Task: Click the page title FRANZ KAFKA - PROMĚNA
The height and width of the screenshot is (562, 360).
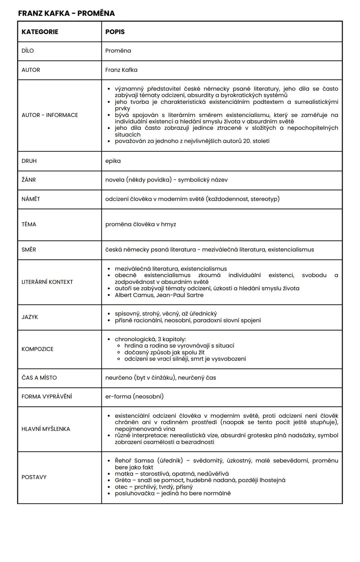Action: click(66, 13)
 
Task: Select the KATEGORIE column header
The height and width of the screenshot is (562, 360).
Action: click(40, 32)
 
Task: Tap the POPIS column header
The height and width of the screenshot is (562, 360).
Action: click(115, 32)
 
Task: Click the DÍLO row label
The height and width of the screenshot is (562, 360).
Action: click(28, 51)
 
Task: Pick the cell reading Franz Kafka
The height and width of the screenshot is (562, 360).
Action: click(121, 70)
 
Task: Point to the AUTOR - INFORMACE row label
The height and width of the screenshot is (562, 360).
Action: click(50, 115)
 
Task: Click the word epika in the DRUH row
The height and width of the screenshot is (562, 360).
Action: click(113, 161)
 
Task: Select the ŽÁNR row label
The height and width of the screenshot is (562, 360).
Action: click(29, 180)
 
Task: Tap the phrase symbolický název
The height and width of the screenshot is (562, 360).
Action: click(203, 180)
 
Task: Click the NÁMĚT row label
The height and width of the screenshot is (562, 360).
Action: click(31, 199)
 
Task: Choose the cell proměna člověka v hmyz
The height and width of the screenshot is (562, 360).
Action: click(141, 225)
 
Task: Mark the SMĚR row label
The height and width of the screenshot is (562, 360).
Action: click(29, 250)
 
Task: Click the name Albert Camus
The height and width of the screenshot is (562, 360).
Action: click(133, 295)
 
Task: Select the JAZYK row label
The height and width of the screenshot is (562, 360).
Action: click(30, 317)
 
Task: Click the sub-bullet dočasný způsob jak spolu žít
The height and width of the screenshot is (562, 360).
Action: click(164, 352)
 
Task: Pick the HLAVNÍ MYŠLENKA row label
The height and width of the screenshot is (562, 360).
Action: click(46, 429)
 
